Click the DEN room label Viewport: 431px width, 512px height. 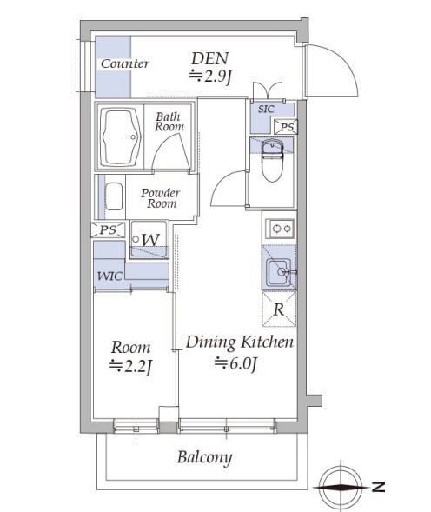point(210,59)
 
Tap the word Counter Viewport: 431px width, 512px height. point(125,63)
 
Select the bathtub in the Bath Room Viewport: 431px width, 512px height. point(121,137)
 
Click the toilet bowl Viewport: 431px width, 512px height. point(272,161)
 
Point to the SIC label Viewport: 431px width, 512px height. point(266,109)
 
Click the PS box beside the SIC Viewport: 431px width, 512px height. point(286,127)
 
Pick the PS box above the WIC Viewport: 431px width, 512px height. point(108,229)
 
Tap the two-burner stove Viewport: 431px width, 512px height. point(281,229)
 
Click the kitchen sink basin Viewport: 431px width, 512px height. point(278,272)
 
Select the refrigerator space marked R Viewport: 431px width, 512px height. point(279,309)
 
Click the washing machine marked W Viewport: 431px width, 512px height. point(149,240)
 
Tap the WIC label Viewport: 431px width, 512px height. point(109,276)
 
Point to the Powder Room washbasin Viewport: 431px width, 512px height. point(115,196)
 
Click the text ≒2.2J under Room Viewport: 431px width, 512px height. point(130,367)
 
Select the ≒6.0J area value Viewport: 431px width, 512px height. point(236,363)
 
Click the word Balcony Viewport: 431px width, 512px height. point(205,457)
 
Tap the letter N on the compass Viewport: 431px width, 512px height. point(378,487)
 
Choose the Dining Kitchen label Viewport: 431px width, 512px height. point(239,342)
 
